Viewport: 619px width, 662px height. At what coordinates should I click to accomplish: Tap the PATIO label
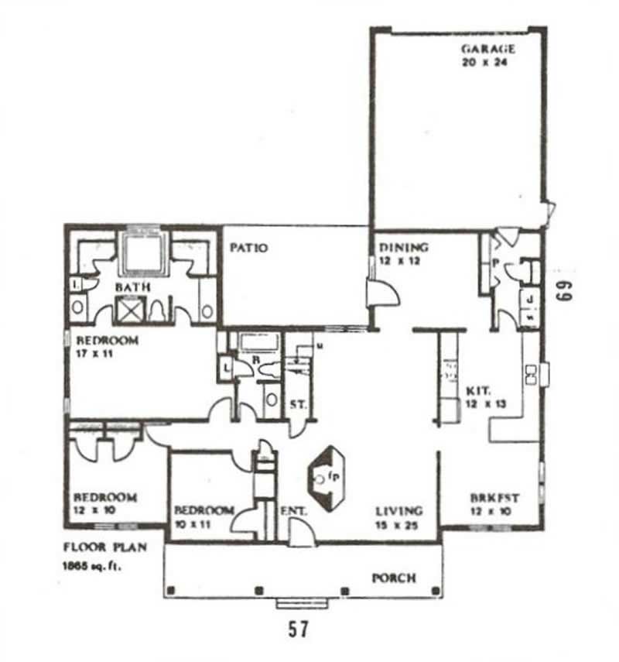coord(249,248)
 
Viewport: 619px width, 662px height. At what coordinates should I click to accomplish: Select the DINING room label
coord(403,248)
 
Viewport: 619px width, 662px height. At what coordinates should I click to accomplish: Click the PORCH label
coord(394,578)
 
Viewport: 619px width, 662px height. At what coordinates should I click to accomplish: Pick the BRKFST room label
coord(494,499)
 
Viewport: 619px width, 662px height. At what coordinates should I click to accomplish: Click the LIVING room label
coord(399,511)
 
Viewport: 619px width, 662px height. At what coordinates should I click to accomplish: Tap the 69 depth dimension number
coord(563,287)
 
